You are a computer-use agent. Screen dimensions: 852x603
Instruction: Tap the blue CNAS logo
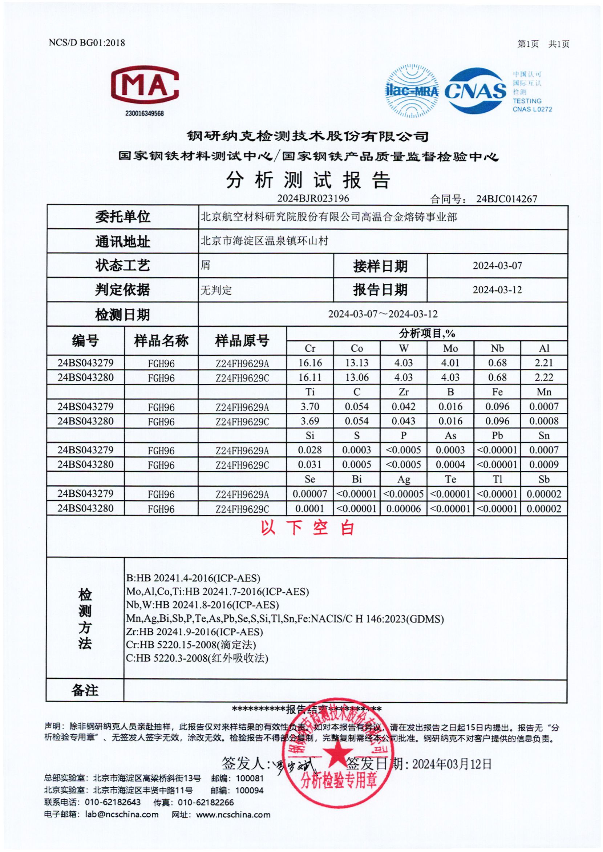click(475, 90)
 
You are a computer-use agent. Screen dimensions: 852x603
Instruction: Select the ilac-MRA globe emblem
click(412, 91)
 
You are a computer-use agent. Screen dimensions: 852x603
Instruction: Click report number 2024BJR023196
click(313, 198)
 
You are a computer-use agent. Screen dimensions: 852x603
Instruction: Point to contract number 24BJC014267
click(506, 199)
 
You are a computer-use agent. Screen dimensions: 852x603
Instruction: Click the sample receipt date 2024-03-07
click(497, 266)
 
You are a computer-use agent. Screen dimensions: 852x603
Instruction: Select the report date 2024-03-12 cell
click(497, 290)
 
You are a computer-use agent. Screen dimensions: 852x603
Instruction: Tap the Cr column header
click(310, 348)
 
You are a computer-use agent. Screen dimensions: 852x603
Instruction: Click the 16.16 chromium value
click(310, 363)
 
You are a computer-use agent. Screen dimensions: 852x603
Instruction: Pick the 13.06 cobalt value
click(357, 377)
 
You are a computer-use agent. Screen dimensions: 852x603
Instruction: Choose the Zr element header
click(404, 392)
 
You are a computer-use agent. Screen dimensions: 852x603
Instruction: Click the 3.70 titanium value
click(310, 407)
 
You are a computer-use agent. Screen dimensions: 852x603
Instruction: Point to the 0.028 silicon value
click(310, 450)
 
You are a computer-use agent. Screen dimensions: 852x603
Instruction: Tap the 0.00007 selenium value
click(310, 494)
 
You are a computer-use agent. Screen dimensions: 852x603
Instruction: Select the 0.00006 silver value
click(404, 508)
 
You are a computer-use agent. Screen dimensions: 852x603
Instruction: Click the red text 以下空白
click(307, 528)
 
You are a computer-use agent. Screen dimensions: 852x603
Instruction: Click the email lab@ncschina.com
click(122, 815)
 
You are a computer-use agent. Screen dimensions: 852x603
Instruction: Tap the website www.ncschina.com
click(233, 815)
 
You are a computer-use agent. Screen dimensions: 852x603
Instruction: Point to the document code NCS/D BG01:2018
click(87, 43)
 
